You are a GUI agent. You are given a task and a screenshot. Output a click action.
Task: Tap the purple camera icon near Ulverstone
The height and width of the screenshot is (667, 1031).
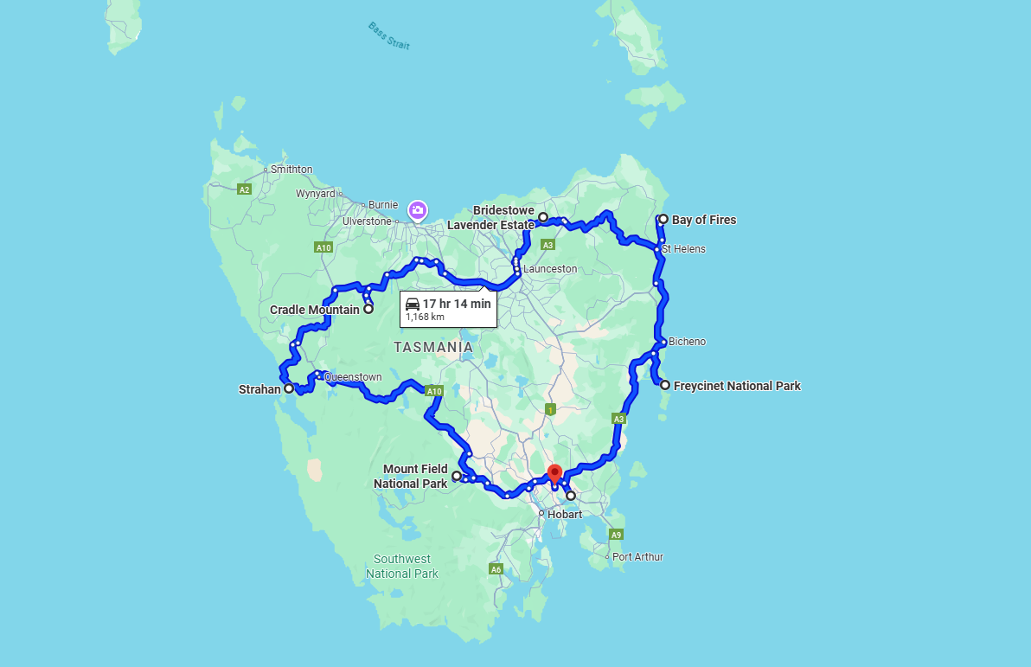tap(417, 209)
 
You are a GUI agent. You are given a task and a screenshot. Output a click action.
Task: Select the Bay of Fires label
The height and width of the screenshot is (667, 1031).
tap(704, 220)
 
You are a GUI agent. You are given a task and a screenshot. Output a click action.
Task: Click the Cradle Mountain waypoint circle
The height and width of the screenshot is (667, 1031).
tap(368, 309)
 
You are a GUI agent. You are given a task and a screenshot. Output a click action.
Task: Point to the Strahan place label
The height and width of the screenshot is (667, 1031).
tap(259, 389)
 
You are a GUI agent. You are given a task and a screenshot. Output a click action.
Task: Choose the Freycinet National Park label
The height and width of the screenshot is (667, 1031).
tap(737, 386)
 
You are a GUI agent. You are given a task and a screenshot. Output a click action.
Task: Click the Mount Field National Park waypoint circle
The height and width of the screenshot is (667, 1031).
tap(457, 476)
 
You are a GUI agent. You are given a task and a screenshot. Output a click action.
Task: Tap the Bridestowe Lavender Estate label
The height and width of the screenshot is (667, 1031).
tap(491, 218)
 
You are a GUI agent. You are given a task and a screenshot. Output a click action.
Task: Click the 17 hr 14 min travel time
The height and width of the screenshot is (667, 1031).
tap(456, 304)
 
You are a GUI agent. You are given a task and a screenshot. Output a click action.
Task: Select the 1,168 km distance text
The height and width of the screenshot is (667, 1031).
tap(425, 317)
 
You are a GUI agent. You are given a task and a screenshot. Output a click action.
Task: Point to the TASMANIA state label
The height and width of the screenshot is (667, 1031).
tap(433, 347)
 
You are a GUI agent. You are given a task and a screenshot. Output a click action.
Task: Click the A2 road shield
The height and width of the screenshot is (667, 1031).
tap(244, 189)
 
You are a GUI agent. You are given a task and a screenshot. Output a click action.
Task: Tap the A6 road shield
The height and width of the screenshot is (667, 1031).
tap(496, 569)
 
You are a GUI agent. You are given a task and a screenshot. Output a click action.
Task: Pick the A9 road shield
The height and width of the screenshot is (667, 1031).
tap(616, 535)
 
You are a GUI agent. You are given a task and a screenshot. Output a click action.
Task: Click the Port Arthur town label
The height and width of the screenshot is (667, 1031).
tap(637, 557)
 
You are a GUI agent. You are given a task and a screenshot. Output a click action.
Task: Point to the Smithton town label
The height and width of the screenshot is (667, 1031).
tap(291, 170)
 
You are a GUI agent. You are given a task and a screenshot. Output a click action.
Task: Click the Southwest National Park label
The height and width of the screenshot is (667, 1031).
tap(402, 567)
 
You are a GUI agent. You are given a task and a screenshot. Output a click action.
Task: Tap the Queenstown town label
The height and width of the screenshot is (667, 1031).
tap(353, 377)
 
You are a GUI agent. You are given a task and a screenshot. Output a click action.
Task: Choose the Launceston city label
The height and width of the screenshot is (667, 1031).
tap(550, 269)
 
